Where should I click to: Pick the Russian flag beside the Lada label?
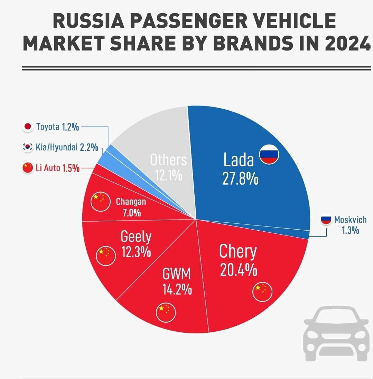[x=269, y=154]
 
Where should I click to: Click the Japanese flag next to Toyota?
[x=27, y=127]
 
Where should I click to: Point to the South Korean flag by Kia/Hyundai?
[x=27, y=147]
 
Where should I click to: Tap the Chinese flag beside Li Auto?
[x=27, y=168]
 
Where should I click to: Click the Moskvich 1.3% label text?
[x=350, y=225]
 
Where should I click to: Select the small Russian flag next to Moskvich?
[x=326, y=220]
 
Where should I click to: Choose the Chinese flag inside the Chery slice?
[x=262, y=292]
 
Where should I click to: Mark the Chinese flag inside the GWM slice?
[x=166, y=312]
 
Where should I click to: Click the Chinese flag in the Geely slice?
[x=105, y=256]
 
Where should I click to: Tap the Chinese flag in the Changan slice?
[x=100, y=202]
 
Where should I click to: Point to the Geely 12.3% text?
[x=136, y=244]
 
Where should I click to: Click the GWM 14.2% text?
[x=177, y=282]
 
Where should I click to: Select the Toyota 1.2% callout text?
[x=57, y=127]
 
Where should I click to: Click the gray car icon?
[x=336, y=334]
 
